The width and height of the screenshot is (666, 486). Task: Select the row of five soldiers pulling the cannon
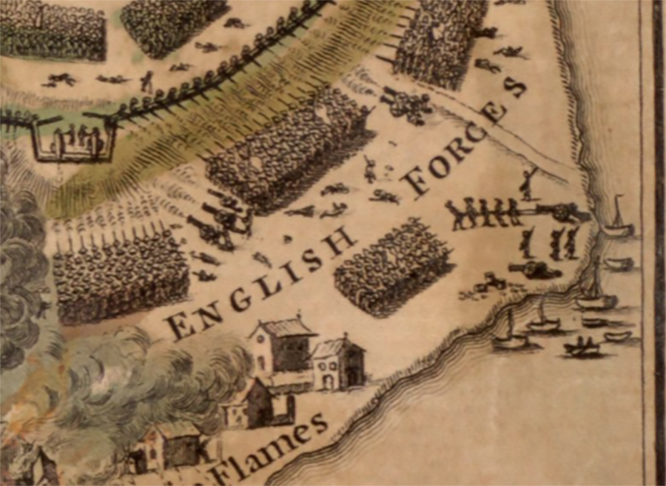(484, 213)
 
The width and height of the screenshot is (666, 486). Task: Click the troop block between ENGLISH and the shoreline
(392, 267)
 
